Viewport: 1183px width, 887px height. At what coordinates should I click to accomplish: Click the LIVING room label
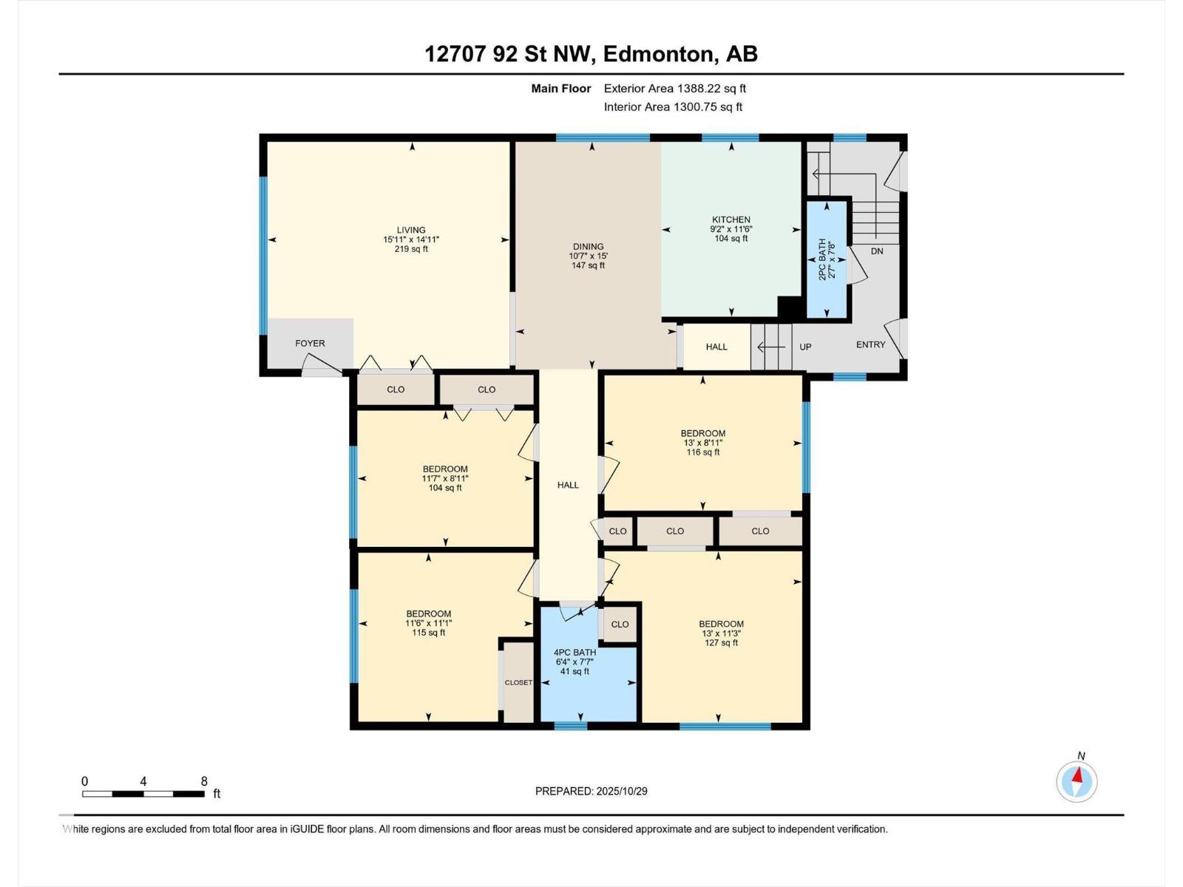point(411,230)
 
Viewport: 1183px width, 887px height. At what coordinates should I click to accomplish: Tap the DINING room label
point(588,247)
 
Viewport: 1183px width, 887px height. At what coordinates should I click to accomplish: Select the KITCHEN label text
point(731,220)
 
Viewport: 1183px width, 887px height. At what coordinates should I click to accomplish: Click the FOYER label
point(310,343)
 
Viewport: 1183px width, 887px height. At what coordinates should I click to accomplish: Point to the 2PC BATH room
point(826,259)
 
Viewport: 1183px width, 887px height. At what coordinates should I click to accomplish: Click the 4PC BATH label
point(574,653)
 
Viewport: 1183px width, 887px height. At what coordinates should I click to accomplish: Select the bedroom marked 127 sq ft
point(721,633)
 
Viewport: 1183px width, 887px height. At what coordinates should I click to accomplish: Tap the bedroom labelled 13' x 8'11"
point(702,443)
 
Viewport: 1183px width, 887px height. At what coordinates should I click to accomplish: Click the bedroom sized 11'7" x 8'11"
point(445,478)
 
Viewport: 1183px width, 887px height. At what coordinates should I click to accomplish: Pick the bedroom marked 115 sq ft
point(428,623)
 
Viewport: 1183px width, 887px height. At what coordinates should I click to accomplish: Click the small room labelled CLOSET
point(518,682)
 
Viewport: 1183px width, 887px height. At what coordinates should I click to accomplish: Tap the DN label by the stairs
point(877,251)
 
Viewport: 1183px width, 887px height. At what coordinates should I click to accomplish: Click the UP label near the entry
point(805,347)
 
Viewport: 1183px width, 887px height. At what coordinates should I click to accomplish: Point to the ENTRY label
point(870,344)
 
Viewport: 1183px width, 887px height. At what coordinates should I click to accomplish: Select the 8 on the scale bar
point(204,781)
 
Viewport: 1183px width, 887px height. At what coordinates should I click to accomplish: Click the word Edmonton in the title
point(660,54)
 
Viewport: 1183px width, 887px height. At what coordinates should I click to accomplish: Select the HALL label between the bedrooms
point(568,485)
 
